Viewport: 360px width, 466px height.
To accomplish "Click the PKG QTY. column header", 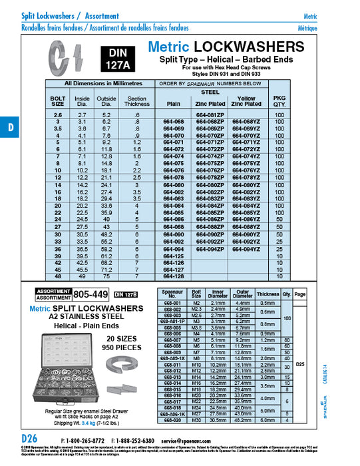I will (x=279, y=101).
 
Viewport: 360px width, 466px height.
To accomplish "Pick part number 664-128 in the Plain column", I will (x=174, y=276).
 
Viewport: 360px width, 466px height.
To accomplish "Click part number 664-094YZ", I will (x=246, y=249).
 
